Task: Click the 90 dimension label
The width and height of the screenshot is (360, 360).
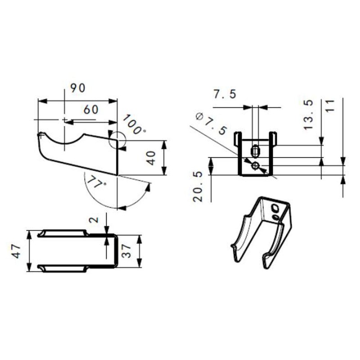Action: coord(77,88)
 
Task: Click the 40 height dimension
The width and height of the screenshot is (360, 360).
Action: coord(152,157)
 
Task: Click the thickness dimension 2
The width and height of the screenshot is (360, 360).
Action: coord(93,220)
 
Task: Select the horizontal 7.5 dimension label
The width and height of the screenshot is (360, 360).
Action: coord(225,94)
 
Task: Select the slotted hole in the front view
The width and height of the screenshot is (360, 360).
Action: coord(256,150)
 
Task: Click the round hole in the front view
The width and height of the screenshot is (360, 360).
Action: coord(256,166)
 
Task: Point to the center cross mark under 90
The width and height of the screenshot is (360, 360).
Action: coord(65,120)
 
